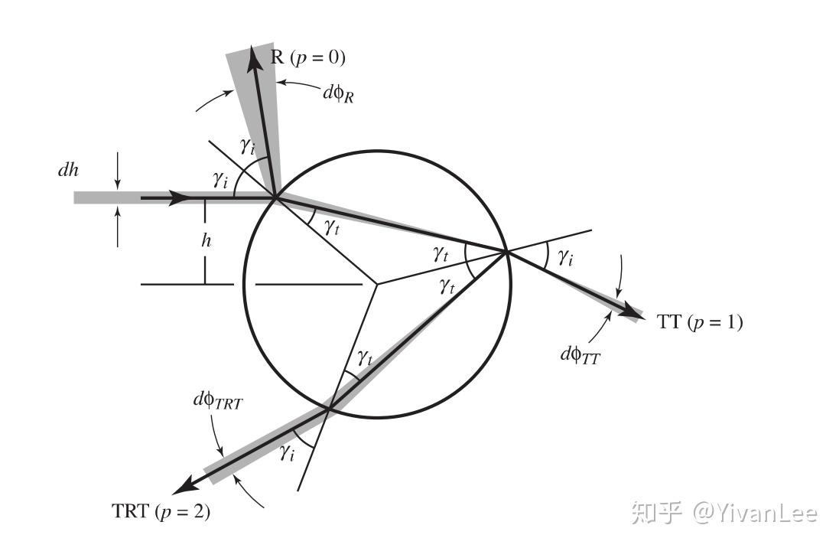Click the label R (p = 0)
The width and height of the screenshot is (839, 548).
point(308,57)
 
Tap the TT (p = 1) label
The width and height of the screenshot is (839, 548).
point(699,322)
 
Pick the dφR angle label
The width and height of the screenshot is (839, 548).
point(340,94)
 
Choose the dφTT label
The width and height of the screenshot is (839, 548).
point(580,354)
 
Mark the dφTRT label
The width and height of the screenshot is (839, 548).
point(218,400)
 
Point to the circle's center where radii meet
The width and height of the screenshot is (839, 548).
point(376,285)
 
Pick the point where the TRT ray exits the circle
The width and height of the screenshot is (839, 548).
point(329,409)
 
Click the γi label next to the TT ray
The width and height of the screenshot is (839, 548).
point(566,258)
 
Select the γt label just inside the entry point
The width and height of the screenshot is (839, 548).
point(330,226)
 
